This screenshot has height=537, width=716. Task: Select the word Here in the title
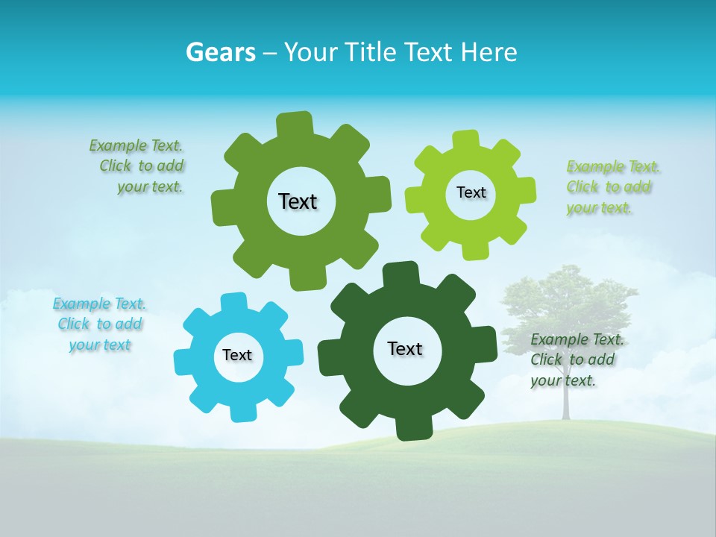489,52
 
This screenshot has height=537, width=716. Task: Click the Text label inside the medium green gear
298,201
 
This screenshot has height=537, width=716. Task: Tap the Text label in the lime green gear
471,192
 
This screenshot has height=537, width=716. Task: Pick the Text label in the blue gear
237,355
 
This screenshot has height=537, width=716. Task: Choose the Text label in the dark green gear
405,348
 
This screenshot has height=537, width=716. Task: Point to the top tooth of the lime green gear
465,141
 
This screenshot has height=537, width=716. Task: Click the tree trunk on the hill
565,403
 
